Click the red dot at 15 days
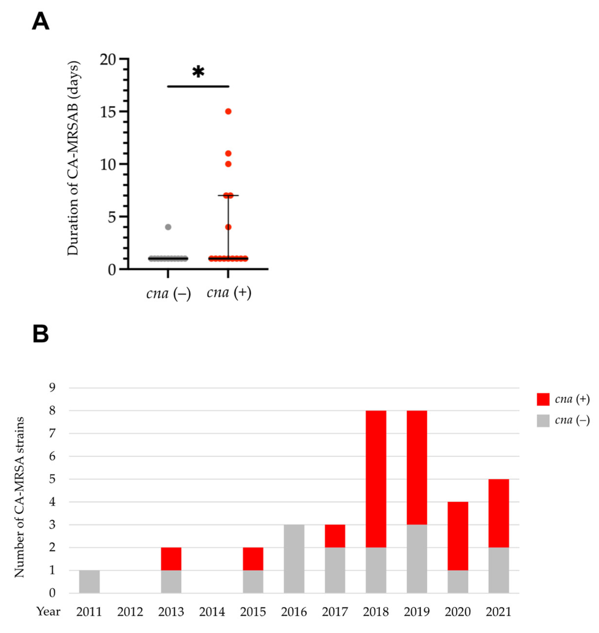tap(228, 111)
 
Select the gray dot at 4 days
tap(168, 227)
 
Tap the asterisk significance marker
tap(198, 72)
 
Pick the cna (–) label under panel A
tap(168, 293)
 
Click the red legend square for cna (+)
tap(543, 399)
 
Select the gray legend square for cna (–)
tap(543, 421)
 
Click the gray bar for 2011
tap(89, 581)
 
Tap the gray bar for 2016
tap(294, 559)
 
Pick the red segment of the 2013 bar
tap(171, 559)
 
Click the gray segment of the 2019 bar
tap(417, 559)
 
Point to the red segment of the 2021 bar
tap(498, 513)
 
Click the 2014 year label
tap(212, 612)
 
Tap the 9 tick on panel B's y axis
tap(52, 388)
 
